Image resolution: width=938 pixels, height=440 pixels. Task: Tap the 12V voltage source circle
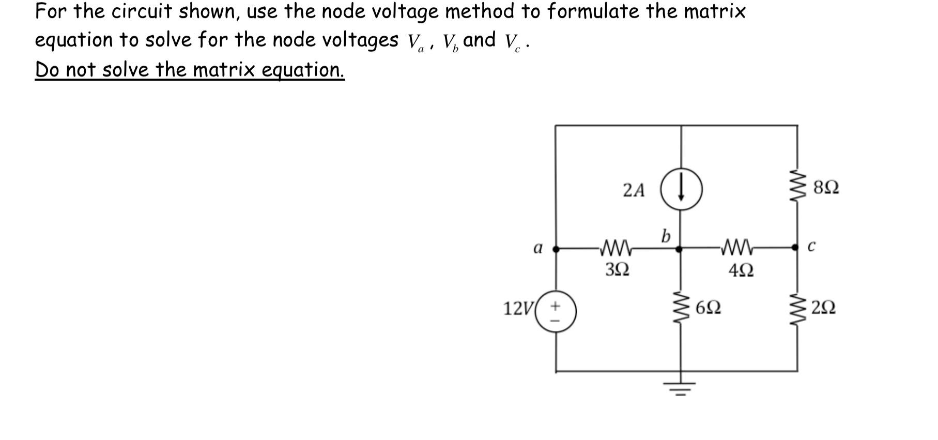pos(556,312)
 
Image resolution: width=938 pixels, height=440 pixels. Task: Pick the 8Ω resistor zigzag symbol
pos(797,187)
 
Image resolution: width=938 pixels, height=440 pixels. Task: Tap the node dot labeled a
pos(556,249)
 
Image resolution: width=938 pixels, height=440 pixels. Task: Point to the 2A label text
pos(634,190)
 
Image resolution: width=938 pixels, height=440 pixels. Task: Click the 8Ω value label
pos(826,187)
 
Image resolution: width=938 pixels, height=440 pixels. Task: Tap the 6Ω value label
pos(708,308)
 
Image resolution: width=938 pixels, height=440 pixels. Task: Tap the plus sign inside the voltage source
pos(555,306)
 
